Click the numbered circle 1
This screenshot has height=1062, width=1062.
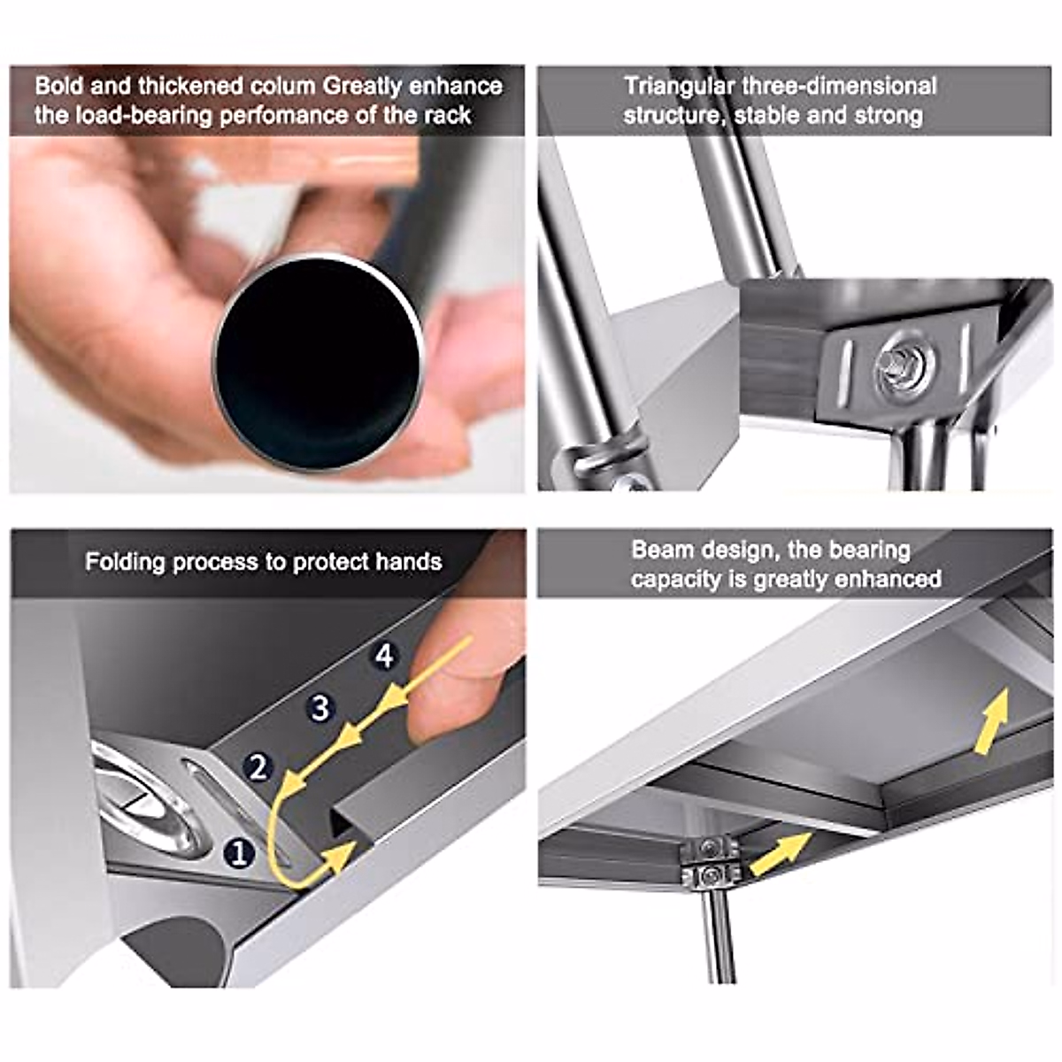pos(239,854)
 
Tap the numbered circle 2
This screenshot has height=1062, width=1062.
pos(258,767)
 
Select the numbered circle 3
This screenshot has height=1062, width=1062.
pos(320,708)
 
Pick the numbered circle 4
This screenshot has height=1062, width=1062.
pos(385,656)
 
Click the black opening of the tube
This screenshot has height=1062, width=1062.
pos(318,362)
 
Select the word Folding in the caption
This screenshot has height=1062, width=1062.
pos(125,562)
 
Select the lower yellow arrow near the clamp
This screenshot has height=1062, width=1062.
pos(781,853)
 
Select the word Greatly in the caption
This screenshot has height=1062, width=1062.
pos(363,87)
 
